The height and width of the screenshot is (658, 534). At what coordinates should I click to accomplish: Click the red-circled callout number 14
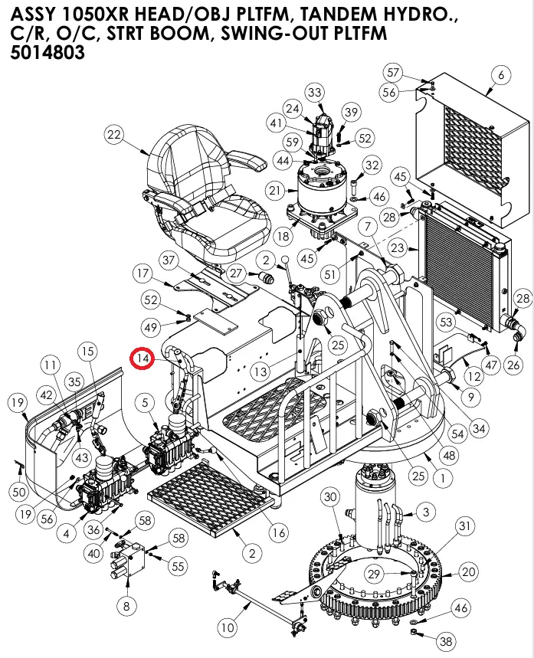click(143, 358)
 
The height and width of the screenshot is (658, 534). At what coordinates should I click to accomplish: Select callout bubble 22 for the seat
click(113, 136)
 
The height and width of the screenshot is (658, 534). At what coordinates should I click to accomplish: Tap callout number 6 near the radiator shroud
click(501, 75)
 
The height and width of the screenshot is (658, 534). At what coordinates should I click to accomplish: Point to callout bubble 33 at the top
click(315, 93)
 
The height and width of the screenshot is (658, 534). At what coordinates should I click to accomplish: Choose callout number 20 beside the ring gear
click(468, 571)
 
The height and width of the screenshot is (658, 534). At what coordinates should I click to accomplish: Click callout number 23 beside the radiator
click(397, 247)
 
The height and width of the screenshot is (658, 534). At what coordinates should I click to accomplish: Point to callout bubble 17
click(143, 273)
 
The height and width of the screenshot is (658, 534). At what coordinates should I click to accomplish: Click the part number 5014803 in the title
click(48, 54)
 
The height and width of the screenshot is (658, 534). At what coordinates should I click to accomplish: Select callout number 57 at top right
click(394, 73)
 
